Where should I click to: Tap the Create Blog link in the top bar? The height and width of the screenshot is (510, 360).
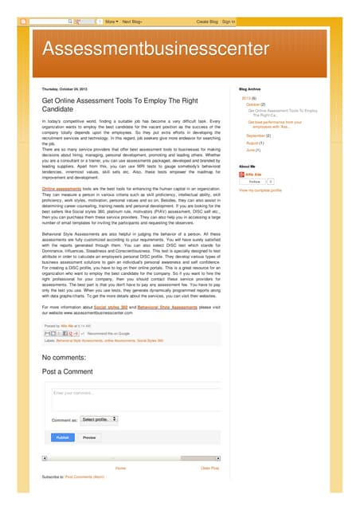207,22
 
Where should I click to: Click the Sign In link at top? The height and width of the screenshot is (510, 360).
229,22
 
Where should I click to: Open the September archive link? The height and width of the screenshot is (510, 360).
256,135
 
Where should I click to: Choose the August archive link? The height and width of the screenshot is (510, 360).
254,143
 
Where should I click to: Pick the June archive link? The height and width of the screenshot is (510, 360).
252,150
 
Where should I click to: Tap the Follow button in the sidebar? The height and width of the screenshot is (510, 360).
255,182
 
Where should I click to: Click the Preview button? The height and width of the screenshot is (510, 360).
89,437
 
